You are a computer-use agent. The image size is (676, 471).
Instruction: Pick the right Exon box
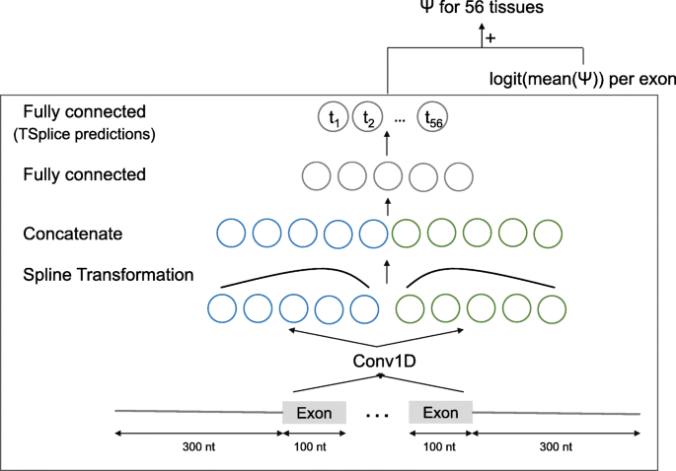[x=440, y=412]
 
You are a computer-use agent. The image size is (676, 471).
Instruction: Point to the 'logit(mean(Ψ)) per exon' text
[x=582, y=76]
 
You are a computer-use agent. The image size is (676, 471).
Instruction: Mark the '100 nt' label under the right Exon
[x=440, y=446]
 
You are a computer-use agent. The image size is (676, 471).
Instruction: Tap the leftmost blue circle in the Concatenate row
[x=232, y=235]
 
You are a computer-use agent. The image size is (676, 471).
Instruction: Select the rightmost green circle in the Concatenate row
[x=548, y=235]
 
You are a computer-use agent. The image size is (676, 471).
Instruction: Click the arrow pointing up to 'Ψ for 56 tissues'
[x=483, y=35]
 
